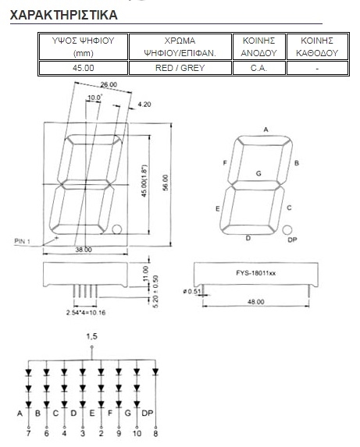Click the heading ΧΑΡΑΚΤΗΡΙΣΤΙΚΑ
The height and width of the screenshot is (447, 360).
(63, 15)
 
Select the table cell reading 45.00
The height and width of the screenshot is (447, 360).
(83, 68)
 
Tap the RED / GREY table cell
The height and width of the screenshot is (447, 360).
(180, 68)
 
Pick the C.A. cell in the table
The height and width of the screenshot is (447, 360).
(258, 68)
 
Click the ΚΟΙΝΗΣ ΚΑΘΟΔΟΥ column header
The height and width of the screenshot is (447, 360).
(317, 47)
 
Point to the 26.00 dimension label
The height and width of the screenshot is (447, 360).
(109, 84)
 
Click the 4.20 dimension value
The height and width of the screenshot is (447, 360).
(144, 105)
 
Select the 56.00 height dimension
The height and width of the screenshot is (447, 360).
(166, 183)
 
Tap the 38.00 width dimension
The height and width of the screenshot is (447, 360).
(84, 250)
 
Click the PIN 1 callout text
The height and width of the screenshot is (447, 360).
(22, 242)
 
